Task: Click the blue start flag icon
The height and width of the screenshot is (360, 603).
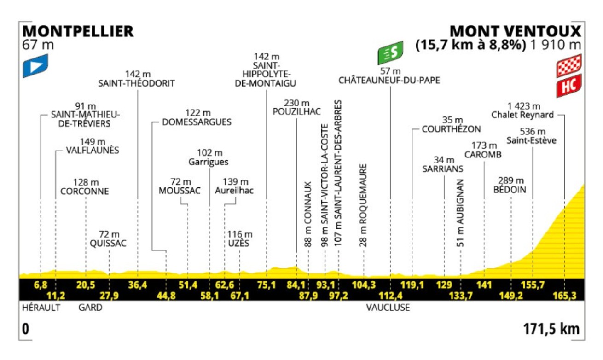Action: tap(36, 65)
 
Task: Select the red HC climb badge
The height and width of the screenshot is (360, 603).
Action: tap(569, 86)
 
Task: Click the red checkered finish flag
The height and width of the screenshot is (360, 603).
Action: tap(569, 65)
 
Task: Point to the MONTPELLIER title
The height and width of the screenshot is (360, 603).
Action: tap(78, 31)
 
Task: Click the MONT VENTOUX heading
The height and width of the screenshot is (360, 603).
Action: tap(516, 31)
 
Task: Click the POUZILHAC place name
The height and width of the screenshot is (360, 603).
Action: tap(296, 112)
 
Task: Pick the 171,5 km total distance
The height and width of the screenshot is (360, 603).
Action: tap(551, 330)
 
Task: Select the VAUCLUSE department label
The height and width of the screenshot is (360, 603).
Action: tap(388, 308)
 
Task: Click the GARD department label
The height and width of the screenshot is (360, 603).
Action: tap(90, 308)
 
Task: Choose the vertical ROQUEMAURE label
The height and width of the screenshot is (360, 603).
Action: tap(364, 205)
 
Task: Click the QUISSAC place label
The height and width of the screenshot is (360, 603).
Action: tap(109, 244)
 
